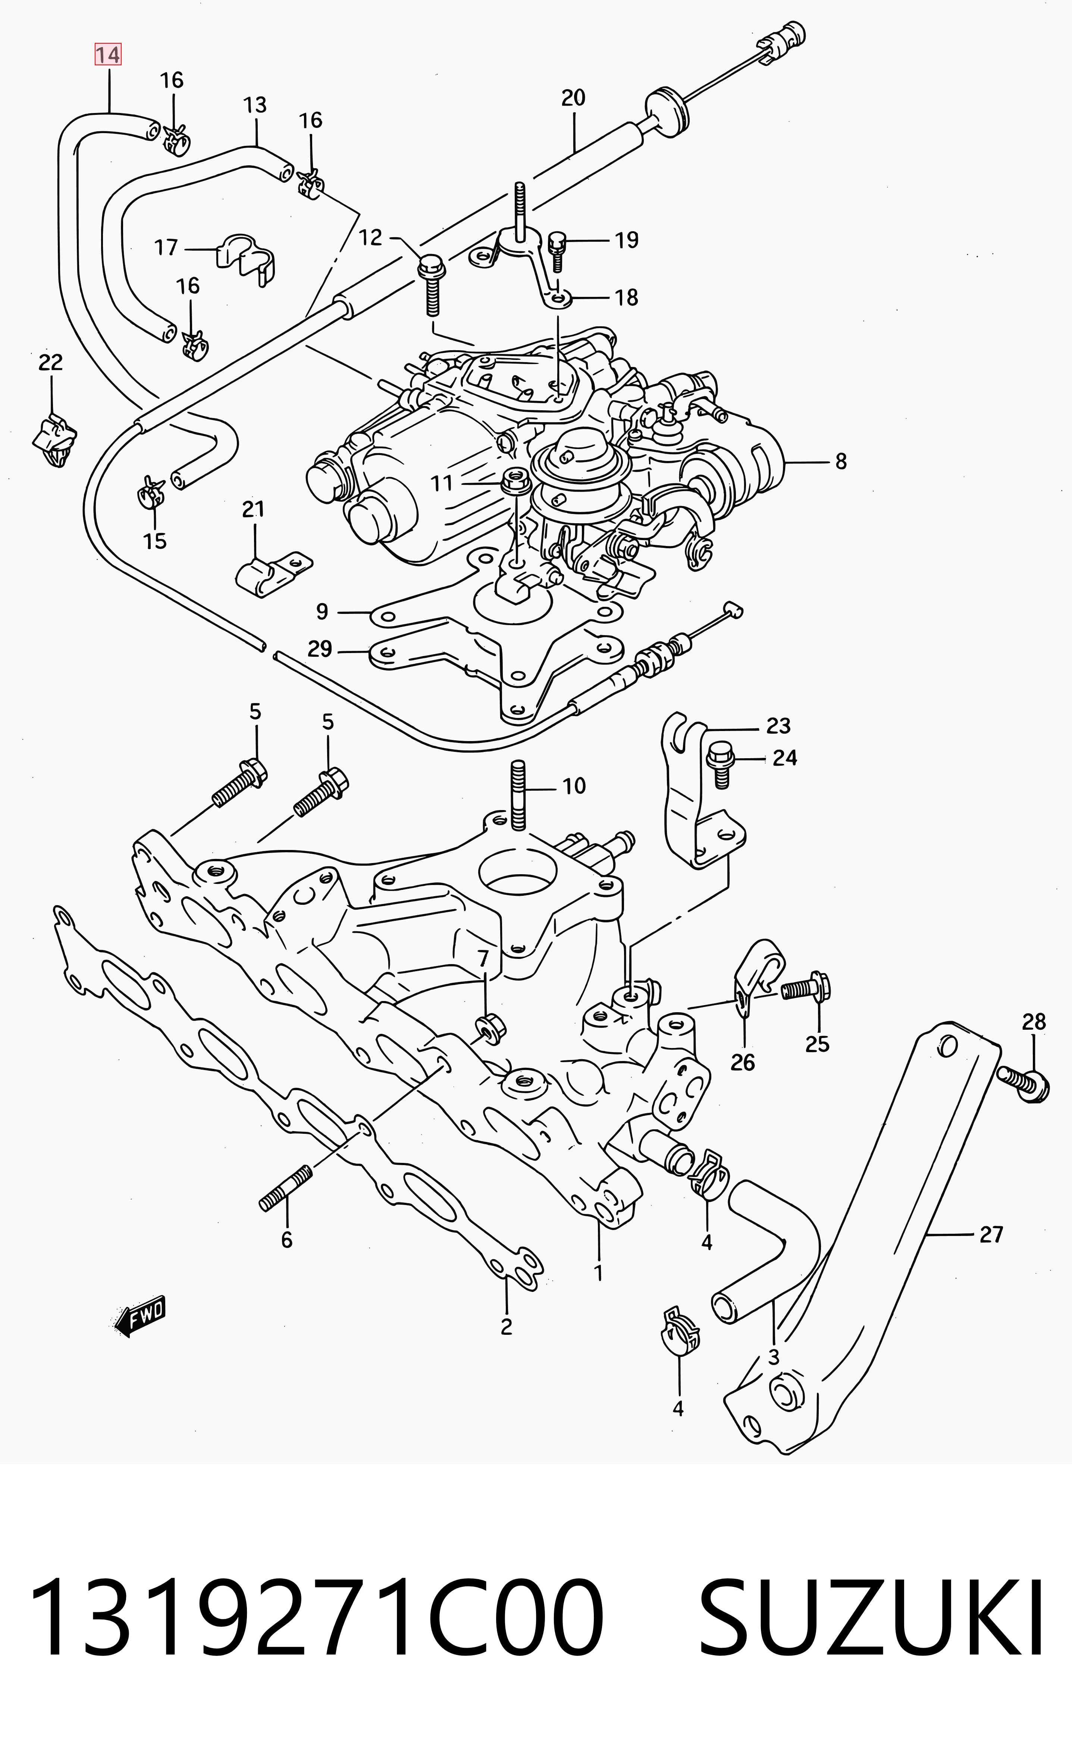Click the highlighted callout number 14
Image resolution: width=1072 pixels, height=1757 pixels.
tap(108, 54)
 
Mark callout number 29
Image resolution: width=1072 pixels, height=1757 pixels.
tap(320, 649)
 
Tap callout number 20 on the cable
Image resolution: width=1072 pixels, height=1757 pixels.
tap(573, 98)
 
